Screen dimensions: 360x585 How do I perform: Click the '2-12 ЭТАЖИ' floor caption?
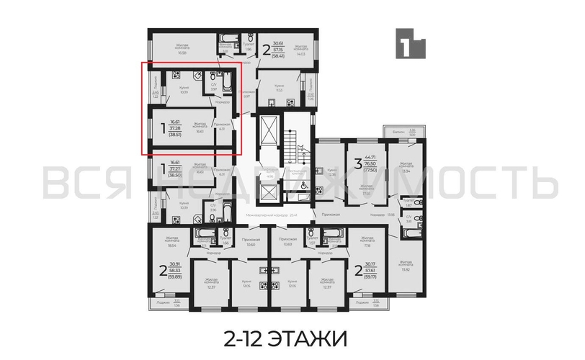point(292,336)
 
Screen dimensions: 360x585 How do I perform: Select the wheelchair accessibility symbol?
point(303,184)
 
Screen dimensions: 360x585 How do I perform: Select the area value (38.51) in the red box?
point(176,135)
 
